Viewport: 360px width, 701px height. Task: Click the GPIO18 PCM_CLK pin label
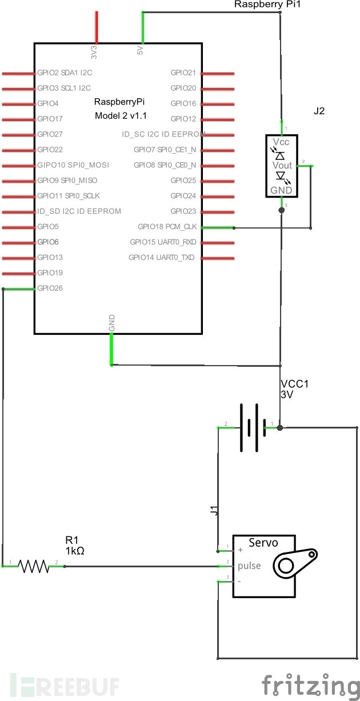pos(167,227)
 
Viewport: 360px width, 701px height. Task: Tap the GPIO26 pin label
pos(50,288)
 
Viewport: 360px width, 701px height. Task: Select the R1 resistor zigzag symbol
pos(34,566)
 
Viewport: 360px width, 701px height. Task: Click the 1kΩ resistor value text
pos(75,551)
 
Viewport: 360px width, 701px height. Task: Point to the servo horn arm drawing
pos(295,563)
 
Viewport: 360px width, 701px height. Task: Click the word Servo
pos(263,543)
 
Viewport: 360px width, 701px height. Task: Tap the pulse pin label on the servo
pos(249,566)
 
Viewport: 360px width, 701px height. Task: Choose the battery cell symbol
pos(253,427)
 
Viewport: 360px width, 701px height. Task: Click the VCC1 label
pos(295,384)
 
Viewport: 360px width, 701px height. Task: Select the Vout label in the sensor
pos(282,165)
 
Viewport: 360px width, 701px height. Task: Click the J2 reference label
pos(319,111)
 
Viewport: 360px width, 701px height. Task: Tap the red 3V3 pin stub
pos(97,27)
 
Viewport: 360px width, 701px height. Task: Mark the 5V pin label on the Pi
pos(140,50)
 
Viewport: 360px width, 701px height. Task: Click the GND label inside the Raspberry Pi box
pos(111,323)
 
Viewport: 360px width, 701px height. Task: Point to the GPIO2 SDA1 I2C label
pos(65,73)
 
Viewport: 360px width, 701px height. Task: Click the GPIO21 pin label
pos(183,73)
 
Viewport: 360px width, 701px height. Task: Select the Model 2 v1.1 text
pos(121,116)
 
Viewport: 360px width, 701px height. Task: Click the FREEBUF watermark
pos(65,686)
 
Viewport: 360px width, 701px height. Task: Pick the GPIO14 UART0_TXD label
pos(162,258)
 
